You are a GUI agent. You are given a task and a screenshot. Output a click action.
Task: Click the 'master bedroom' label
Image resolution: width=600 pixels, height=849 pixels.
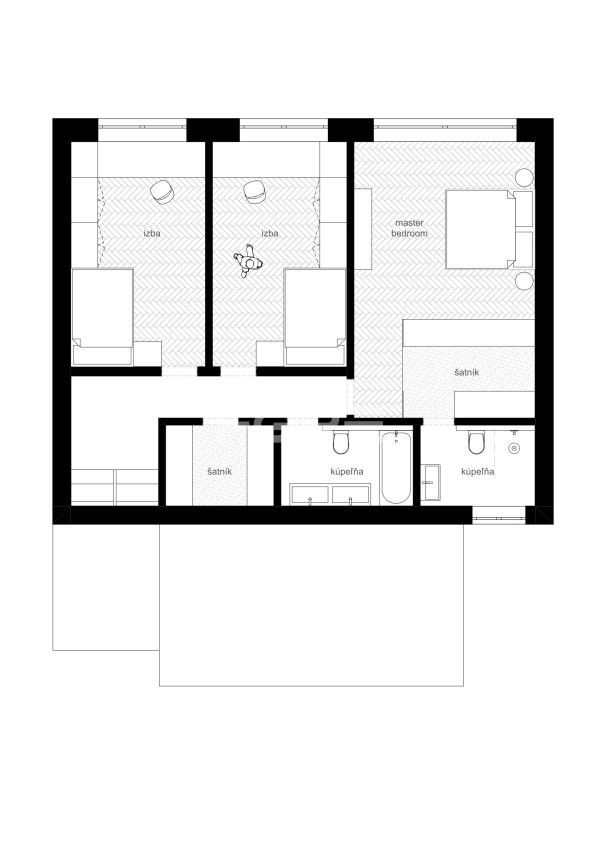pyautogui.click(x=410, y=228)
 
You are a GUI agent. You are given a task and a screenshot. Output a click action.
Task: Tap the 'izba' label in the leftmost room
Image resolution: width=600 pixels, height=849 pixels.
pyautogui.click(x=152, y=233)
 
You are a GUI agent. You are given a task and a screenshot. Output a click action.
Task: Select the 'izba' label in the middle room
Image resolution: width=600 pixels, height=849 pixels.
pyautogui.click(x=270, y=233)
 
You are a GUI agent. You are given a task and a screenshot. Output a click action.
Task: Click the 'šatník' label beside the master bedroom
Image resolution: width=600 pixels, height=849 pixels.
pyautogui.click(x=466, y=373)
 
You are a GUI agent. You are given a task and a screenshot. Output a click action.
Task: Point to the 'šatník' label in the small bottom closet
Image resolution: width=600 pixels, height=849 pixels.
pyautogui.click(x=219, y=472)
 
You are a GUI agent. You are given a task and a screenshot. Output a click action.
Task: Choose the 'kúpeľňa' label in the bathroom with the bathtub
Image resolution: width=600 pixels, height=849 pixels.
pyautogui.click(x=347, y=472)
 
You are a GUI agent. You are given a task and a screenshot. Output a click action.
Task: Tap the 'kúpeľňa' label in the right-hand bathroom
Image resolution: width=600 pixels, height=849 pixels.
pyautogui.click(x=478, y=472)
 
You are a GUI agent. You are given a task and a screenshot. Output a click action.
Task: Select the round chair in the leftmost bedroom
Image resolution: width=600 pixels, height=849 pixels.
pyautogui.click(x=162, y=192)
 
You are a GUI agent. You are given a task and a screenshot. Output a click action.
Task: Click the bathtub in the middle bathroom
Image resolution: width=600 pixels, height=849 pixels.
pyautogui.click(x=396, y=466)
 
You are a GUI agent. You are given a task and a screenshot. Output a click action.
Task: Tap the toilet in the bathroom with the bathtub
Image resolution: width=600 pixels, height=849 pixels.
pyautogui.click(x=341, y=442)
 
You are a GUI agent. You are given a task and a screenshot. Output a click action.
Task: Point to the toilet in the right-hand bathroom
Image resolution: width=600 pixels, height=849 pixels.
pyautogui.click(x=476, y=442)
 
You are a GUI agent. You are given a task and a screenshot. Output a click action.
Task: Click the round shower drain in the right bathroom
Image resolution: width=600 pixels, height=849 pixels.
pyautogui.click(x=514, y=448)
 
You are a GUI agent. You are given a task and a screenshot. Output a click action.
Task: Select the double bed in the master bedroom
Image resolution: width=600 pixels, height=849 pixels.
pyautogui.click(x=480, y=229)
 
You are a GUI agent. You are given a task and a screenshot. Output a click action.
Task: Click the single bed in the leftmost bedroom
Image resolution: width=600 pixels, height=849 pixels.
pyautogui.click(x=103, y=317)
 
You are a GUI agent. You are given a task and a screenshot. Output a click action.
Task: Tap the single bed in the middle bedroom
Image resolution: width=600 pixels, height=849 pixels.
pyautogui.click(x=315, y=317)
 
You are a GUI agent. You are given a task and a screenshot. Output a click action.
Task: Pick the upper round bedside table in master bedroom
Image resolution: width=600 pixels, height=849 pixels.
pyautogui.click(x=524, y=178)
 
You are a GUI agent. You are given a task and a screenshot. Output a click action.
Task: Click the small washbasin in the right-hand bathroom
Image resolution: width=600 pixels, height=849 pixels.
pyautogui.click(x=431, y=482)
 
